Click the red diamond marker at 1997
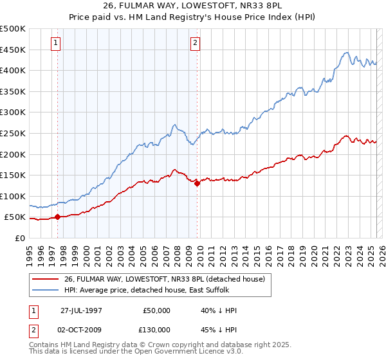tap(58, 217)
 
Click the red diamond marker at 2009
tap(197, 183)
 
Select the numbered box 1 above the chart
tap(56, 44)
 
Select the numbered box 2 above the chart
tap(195, 44)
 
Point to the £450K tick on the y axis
tap(14, 50)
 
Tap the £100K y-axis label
tap(14, 196)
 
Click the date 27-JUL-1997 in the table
tap(81, 310)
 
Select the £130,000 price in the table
tap(156, 330)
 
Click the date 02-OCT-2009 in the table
tap(81, 330)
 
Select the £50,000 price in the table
tap(156, 310)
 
